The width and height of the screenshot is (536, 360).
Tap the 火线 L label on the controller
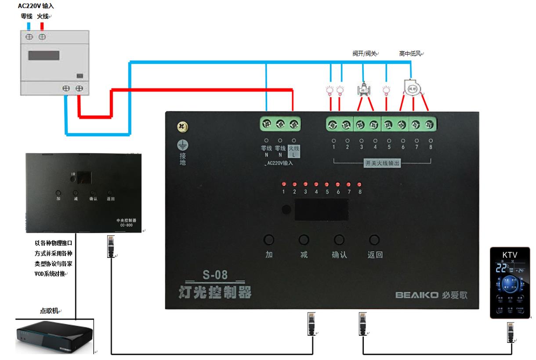(x=293, y=152)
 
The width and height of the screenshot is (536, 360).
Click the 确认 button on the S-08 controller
(x=338, y=240)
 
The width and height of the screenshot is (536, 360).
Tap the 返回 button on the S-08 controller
(x=374, y=240)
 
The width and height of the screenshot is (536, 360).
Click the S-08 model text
(x=215, y=276)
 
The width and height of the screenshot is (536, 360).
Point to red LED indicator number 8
(x=360, y=184)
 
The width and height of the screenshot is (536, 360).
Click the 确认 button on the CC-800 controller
(x=93, y=193)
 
